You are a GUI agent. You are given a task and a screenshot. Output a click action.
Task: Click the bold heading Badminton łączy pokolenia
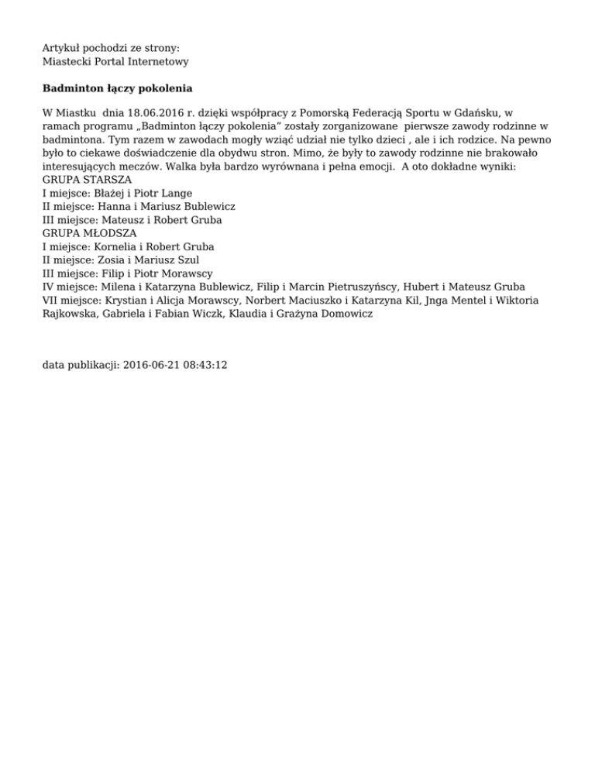click(117, 88)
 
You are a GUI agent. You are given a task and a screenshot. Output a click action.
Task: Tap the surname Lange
click(176, 193)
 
